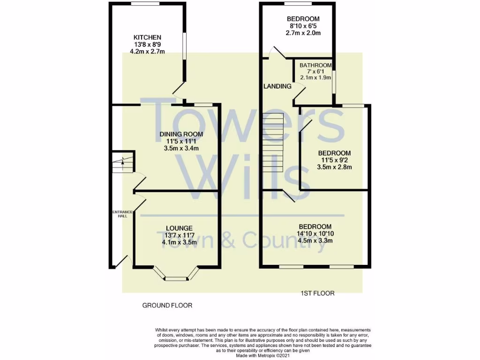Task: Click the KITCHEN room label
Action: (x=148, y=37)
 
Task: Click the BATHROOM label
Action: (x=315, y=65)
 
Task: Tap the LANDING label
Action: (x=277, y=86)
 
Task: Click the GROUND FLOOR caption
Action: (x=167, y=305)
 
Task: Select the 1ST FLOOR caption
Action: (x=317, y=293)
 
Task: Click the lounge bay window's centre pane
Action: (x=176, y=279)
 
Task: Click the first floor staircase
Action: (x=273, y=142)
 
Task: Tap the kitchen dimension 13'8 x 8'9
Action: (x=148, y=45)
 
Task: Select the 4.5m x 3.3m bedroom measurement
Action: (x=315, y=241)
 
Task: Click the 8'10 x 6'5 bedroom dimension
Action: (x=303, y=26)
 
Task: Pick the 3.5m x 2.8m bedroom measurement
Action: (x=335, y=167)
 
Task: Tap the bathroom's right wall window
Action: (x=334, y=81)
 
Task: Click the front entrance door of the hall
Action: (x=122, y=261)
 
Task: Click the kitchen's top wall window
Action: (x=144, y=4)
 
